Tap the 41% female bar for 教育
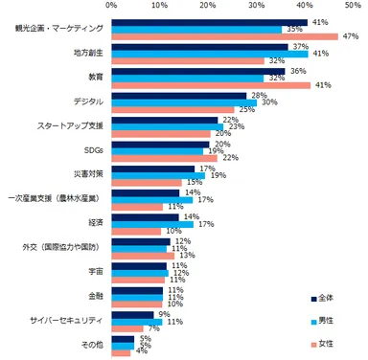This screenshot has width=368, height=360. (210, 84)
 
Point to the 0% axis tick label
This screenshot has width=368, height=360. (112, 6)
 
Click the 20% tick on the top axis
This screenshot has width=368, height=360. (210, 6)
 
